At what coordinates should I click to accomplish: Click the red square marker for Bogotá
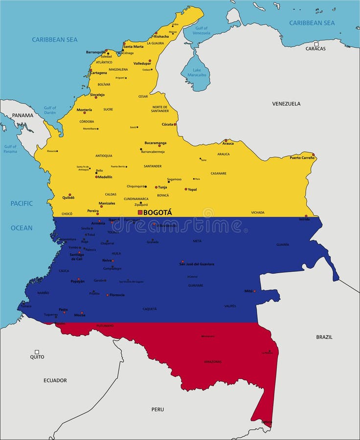point(140,213)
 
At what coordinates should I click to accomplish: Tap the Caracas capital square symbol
point(316,44)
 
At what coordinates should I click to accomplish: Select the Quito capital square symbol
point(37,352)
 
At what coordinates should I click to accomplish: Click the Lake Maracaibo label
point(197,73)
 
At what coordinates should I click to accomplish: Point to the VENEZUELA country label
point(286,104)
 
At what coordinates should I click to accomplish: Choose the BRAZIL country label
point(324,337)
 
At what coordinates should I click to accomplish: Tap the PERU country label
point(157,409)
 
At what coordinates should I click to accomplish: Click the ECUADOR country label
point(55,380)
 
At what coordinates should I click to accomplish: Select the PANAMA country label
point(23,115)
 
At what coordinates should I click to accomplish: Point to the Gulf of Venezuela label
point(201,30)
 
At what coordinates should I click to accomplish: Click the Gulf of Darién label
point(50,110)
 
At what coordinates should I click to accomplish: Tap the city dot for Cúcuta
point(175,124)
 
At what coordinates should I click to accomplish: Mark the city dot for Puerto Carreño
point(314,154)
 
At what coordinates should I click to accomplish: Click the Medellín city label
point(105,176)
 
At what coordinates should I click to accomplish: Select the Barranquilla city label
point(96,52)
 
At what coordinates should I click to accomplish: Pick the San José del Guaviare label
point(197,264)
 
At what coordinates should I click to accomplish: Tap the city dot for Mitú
point(254,291)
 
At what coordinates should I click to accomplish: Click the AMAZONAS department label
point(213,362)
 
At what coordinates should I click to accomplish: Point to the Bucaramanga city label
point(155,143)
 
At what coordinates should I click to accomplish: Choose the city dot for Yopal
point(186,189)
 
